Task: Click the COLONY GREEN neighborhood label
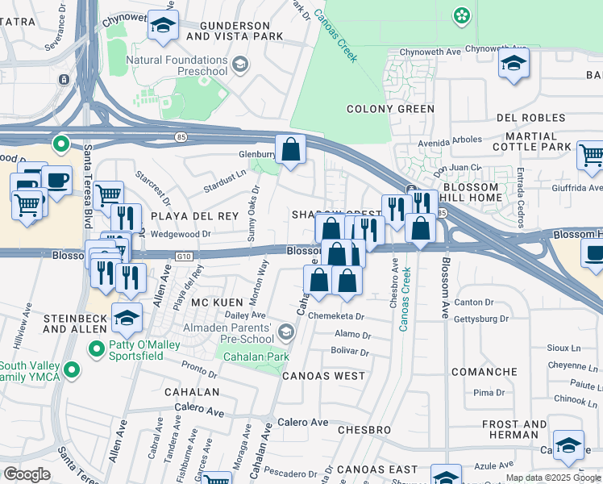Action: [390, 109]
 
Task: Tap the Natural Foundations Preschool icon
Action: [239, 64]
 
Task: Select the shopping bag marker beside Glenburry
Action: [291, 150]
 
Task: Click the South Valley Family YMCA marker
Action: [72, 370]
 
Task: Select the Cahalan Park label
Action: [256, 357]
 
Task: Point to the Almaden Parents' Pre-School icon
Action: [285, 332]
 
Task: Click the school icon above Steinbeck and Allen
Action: [127, 317]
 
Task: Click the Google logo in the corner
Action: [27, 474]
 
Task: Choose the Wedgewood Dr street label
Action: [181, 235]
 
